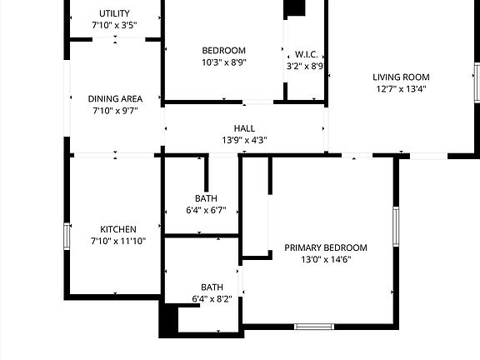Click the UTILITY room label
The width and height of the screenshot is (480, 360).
[x=114, y=13]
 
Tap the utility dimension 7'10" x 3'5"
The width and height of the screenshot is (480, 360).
[x=114, y=26]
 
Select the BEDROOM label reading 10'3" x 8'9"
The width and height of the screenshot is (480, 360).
[x=223, y=50]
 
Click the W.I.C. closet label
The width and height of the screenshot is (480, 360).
[x=305, y=53]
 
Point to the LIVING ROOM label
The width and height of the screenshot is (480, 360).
[x=401, y=77]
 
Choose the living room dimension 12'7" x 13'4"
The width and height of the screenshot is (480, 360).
[x=401, y=89]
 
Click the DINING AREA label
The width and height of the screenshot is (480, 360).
[x=114, y=98]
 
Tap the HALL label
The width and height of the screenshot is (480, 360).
[x=244, y=127]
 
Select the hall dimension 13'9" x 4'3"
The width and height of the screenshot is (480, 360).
[x=244, y=140]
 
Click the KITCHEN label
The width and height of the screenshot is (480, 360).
[x=118, y=229]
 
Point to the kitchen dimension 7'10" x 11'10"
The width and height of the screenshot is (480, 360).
[x=118, y=241]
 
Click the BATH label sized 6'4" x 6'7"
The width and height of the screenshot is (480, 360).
[x=206, y=198]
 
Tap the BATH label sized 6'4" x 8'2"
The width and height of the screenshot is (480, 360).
[x=212, y=287]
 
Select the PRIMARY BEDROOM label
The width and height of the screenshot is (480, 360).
[x=326, y=247]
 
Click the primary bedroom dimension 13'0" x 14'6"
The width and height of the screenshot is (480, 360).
[x=326, y=260]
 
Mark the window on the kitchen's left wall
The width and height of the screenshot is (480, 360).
[x=67, y=236]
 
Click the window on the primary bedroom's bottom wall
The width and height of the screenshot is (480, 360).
[x=314, y=327]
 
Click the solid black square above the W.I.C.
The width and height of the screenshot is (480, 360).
[x=295, y=8]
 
